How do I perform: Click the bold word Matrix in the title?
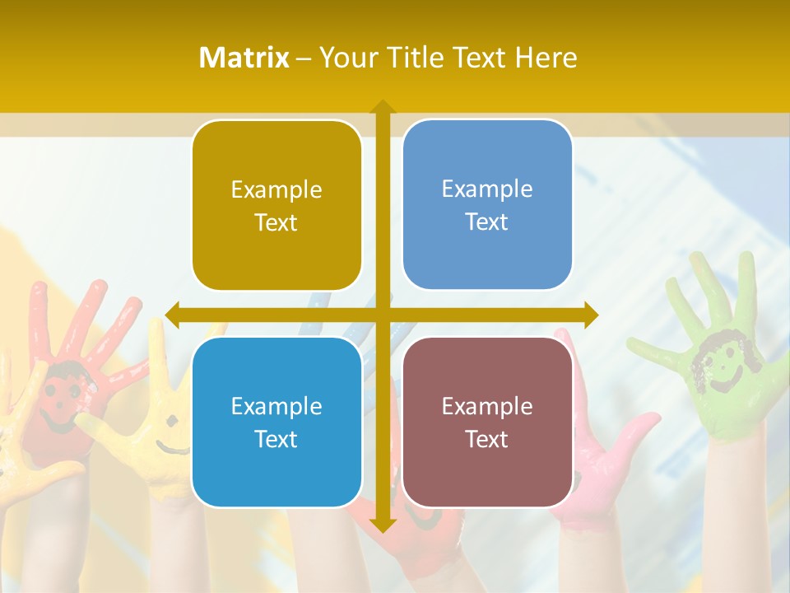tap(244, 58)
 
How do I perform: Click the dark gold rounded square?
tap(276, 205)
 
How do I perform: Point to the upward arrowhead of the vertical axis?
tap(382, 107)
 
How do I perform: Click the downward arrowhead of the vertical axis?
tap(382, 525)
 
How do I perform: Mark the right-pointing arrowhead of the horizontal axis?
tap(590, 315)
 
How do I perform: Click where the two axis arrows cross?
tap(382, 315)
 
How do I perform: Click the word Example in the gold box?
tap(276, 189)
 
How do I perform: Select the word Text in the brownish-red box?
tap(487, 439)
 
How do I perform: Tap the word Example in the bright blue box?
tap(276, 406)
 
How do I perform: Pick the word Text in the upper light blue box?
tap(487, 222)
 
